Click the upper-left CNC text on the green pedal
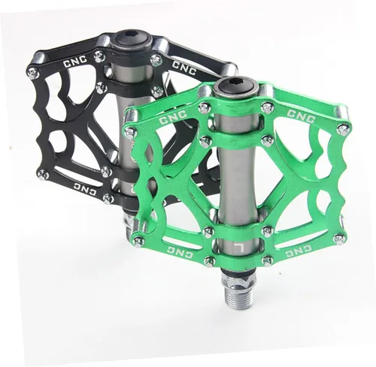(x=173, y=118)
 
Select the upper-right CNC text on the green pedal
(x=301, y=116)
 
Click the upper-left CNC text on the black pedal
(x=75, y=62)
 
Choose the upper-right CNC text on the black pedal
(x=183, y=68)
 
